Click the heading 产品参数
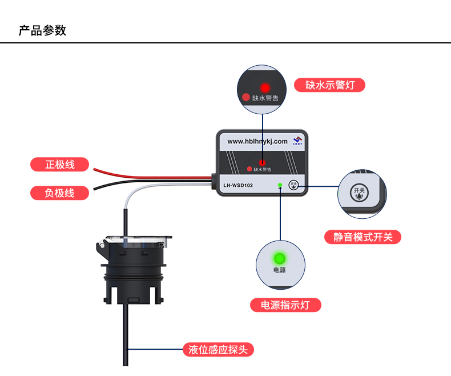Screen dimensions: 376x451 43,30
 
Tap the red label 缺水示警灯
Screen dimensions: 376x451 329,85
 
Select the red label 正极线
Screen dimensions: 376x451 60,165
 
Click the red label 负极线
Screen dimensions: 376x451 60,193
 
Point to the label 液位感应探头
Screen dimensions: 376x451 218,350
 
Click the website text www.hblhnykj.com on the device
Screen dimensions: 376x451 257,141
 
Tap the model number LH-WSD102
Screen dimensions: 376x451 238,186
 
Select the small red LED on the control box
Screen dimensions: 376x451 262,163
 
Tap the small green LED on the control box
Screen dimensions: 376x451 280,185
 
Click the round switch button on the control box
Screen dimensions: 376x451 294,185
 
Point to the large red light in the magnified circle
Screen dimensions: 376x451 265,88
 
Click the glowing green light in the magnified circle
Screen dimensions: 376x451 280,257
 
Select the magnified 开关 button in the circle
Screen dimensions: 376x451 360,193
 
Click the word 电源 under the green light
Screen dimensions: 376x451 280,270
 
